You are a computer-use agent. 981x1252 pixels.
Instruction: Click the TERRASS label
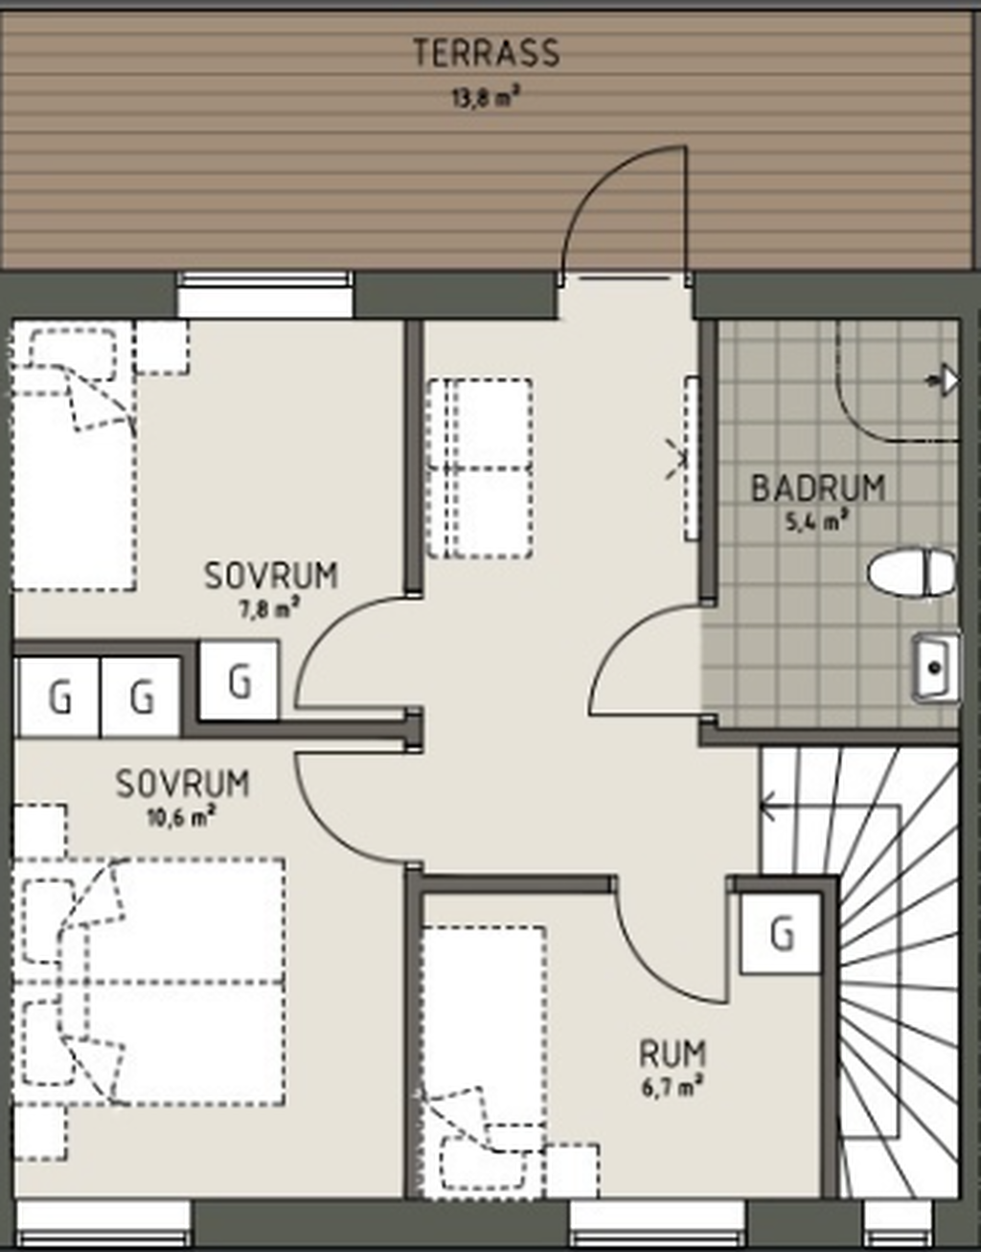click(x=486, y=53)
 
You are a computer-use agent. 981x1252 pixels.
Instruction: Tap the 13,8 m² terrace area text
click(x=483, y=98)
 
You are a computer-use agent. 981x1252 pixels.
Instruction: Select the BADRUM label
click(x=818, y=488)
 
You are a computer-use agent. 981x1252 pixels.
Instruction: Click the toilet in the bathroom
click(x=910, y=573)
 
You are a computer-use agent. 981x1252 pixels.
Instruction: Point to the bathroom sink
click(x=935, y=669)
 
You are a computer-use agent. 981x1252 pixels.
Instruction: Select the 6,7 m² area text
click(x=672, y=1088)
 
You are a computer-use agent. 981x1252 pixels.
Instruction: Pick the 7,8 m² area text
click(x=269, y=609)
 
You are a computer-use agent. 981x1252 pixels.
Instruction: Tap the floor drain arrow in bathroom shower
click(x=943, y=380)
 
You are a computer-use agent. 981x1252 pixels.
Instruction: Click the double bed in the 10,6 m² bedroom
click(x=148, y=982)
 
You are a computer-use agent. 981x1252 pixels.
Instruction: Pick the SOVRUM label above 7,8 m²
click(x=271, y=576)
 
